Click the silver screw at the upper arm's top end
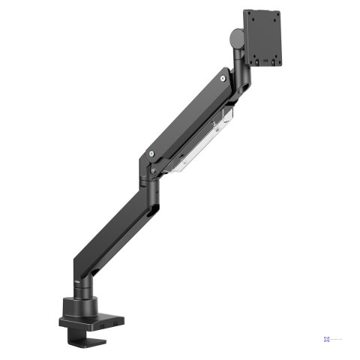[x=225, y=75]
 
